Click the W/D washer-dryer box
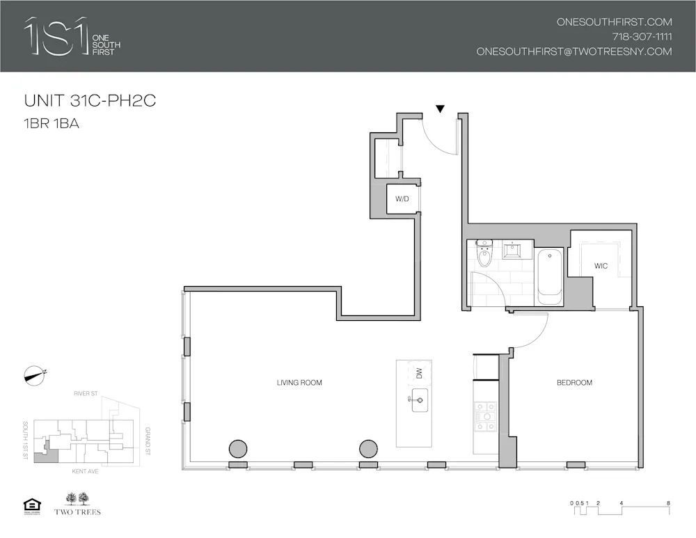[x=402, y=199]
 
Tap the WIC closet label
[x=601, y=266]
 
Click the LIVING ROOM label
[x=299, y=383]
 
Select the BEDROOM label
[x=574, y=383]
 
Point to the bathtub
[x=549, y=276]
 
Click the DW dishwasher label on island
[x=419, y=374]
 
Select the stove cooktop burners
[x=485, y=416]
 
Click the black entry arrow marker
[x=440, y=109]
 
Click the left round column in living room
[x=239, y=449]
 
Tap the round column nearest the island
[x=368, y=449]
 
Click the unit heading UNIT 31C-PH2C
[x=90, y=100]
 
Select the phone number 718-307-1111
[x=642, y=37]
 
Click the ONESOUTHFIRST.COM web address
[x=614, y=22]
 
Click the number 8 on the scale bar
[x=668, y=502]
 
